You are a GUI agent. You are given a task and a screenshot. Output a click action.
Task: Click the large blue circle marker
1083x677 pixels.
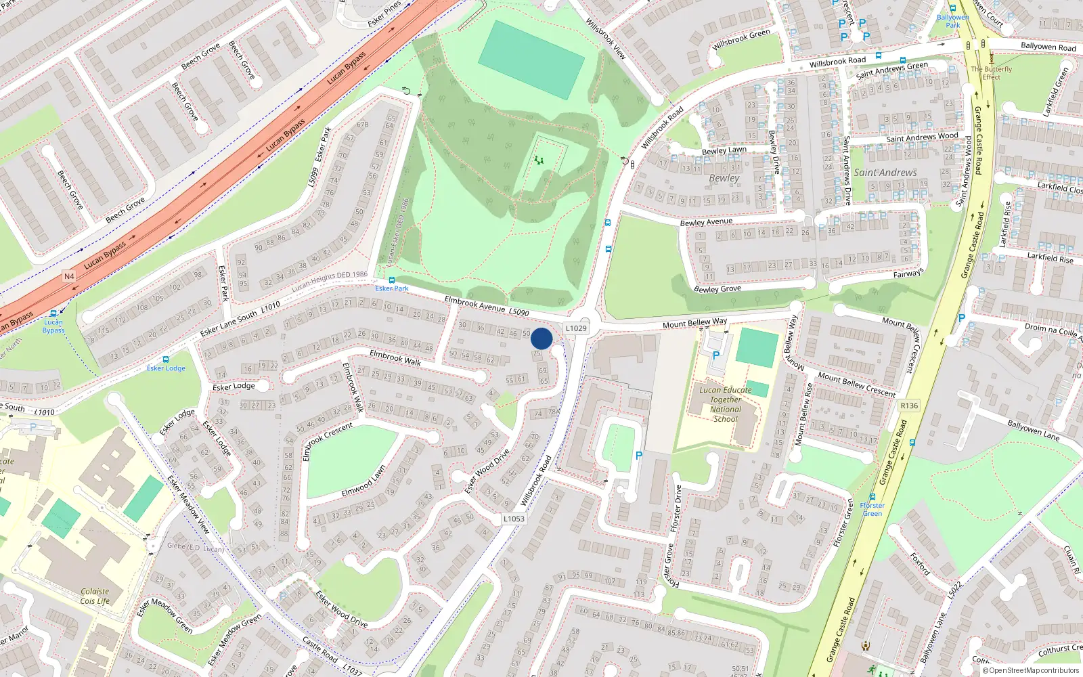pos(541,338)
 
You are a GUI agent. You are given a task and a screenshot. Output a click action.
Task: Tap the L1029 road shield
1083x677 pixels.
pos(576,328)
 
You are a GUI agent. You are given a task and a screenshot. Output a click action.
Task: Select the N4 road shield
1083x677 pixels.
pos(69,276)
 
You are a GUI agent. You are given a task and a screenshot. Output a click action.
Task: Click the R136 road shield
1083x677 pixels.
pos(909,406)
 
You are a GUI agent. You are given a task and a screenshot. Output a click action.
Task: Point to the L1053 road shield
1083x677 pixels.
pos(514,519)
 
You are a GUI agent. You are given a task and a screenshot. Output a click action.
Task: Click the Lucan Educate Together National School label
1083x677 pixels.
pos(725,404)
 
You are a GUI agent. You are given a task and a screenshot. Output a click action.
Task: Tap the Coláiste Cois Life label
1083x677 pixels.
pos(95,596)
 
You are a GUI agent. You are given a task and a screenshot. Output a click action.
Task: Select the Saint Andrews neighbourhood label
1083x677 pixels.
pos(885,173)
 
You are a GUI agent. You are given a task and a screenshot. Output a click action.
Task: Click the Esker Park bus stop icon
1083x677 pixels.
pos(391,280)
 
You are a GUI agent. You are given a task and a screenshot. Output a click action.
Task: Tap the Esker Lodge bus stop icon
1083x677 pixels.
pos(166,359)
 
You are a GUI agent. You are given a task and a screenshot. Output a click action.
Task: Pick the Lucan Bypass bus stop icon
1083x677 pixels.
pos(53,313)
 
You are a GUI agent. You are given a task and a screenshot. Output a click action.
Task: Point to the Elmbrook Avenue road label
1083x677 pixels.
pos(474,304)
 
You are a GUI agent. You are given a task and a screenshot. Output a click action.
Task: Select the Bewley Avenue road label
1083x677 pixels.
pos(706,222)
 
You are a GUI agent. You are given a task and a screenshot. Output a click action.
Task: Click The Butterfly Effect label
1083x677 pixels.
pos(992,73)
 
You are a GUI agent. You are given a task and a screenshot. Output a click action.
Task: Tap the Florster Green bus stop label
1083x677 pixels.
pos(872,509)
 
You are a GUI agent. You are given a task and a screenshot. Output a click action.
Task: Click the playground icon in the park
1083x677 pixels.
pos(539,160)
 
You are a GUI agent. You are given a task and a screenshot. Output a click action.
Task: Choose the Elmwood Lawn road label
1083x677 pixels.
pos(363,481)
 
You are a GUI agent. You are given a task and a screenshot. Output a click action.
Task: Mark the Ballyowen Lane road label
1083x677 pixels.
pos(1033,431)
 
